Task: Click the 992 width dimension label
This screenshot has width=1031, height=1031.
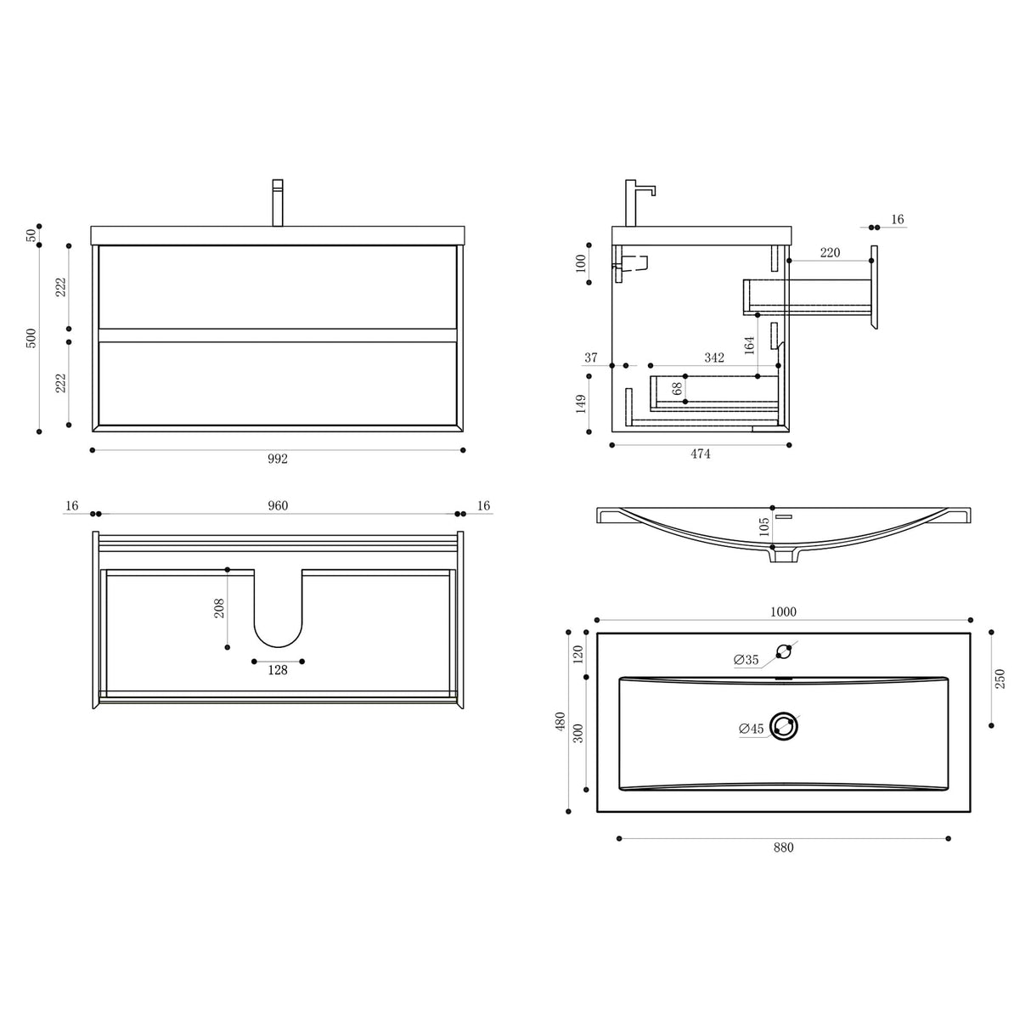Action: (278, 459)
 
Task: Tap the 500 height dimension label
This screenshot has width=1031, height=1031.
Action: (31, 338)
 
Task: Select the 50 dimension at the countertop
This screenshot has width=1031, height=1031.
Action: (31, 235)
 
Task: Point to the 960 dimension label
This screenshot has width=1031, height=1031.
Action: (278, 506)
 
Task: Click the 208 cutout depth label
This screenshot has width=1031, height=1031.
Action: (219, 608)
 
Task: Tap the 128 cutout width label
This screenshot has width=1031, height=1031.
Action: (278, 670)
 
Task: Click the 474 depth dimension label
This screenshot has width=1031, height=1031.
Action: (700, 454)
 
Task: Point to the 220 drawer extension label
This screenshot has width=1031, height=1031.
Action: (830, 252)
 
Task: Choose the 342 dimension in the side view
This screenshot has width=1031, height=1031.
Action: (714, 358)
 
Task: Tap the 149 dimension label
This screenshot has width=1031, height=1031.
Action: (582, 403)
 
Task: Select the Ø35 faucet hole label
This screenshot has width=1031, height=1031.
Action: (746, 660)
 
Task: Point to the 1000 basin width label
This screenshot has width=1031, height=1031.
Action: (783, 612)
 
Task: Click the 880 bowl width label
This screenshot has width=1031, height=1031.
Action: (783, 848)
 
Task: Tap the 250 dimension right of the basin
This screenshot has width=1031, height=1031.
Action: (1000, 679)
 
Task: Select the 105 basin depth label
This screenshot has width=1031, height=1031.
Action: (764, 527)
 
